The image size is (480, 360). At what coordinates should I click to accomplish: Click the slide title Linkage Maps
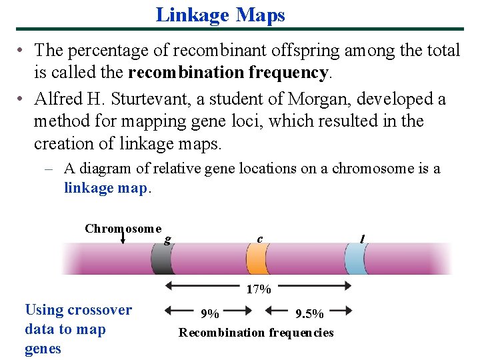pos(220,15)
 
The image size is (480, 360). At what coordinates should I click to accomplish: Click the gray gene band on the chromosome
pos(161,259)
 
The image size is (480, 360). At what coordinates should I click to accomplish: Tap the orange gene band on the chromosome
pos(257,259)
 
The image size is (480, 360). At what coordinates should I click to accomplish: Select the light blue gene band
pos(356,259)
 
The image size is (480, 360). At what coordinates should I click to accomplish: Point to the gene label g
pos(167,239)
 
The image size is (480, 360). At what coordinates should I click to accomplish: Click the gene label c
pos(259,239)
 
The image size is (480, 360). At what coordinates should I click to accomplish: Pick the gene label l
pos(362,239)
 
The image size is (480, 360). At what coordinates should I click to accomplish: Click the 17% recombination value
pos(259,289)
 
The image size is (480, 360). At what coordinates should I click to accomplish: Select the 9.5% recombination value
pos(309,313)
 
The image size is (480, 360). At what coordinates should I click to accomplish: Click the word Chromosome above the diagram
pos(123,228)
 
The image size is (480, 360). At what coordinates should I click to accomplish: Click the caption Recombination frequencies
pos(256,332)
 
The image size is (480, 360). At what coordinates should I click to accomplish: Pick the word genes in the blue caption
pos(43,349)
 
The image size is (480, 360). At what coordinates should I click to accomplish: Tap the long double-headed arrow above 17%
pos(259,285)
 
